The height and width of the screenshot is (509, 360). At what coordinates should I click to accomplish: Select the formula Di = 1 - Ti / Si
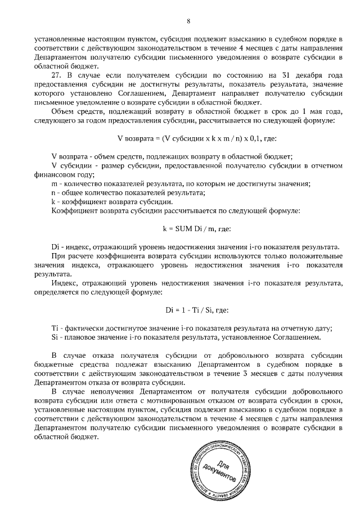pos(188,310)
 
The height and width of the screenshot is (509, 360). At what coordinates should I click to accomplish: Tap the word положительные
pos(313,256)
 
